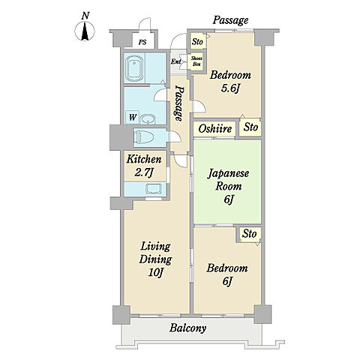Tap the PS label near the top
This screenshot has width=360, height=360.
142,42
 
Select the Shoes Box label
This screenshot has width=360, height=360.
196,61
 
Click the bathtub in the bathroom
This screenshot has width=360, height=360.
135,68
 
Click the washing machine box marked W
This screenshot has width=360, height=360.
133,117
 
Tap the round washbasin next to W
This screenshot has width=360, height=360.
148,119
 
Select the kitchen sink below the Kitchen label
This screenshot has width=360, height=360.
154,189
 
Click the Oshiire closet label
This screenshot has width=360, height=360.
215,129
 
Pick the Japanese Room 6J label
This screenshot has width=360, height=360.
228,186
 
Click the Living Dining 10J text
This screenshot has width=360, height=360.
155,259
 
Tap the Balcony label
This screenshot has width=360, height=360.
187,328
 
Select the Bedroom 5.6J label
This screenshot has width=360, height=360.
230,82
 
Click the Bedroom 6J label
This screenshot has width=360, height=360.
227,274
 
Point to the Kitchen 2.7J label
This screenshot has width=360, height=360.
144,166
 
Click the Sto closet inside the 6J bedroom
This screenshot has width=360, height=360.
250,234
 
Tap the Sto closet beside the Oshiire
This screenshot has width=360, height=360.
250,127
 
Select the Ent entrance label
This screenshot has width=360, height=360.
176,61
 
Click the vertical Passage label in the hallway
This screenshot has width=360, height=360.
178,103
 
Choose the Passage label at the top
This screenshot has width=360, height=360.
230,20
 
